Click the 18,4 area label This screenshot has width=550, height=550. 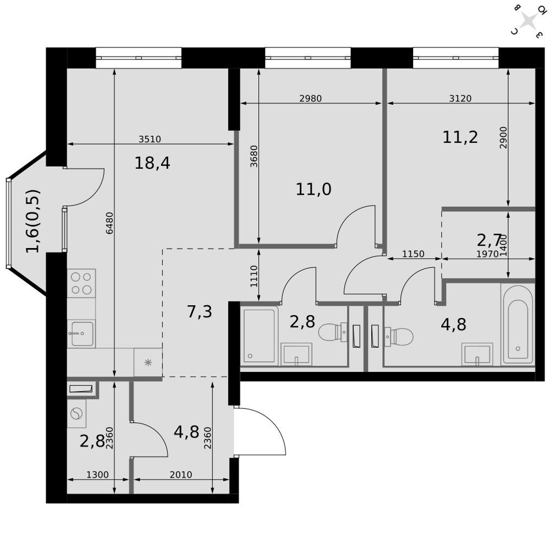click(152, 163)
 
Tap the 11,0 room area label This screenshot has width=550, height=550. click(313, 189)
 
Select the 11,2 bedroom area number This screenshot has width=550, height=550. click(460, 137)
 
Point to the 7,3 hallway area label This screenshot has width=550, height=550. click(199, 311)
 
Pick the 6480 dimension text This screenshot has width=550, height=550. click(109, 223)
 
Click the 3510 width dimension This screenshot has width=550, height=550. click(150, 139)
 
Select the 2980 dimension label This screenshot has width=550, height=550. click(310, 98)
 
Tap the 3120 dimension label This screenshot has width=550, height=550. click(460, 98)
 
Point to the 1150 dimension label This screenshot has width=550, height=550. click(413, 254)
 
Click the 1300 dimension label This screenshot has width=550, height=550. click(97, 475)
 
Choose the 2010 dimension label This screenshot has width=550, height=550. click(180, 475)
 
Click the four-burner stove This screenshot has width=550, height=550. click(81, 283)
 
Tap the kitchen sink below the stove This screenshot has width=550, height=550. click(81, 334)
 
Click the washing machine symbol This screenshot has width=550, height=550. click(76, 414)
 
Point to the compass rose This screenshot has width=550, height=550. click(528, 20)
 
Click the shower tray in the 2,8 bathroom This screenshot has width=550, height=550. click(260, 336)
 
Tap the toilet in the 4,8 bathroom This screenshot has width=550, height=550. click(399, 337)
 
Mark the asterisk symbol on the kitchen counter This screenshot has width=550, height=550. click(148, 362)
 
